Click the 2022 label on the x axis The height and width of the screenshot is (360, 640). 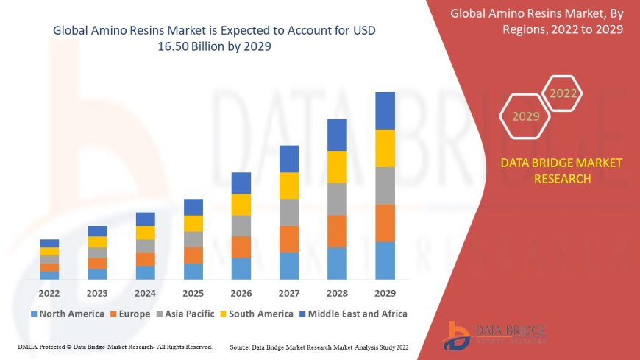tap(49, 292)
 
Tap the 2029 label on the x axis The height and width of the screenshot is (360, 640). tap(385, 292)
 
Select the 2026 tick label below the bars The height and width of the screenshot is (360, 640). tap(241, 292)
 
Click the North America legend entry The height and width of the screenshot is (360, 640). tap(67, 314)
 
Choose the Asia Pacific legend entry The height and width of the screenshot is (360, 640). tap(190, 314)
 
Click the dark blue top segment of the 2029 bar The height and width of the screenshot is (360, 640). tap(385, 110)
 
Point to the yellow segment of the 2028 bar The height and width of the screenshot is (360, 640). tap(337, 166)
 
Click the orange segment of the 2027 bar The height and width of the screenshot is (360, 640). tap(289, 239)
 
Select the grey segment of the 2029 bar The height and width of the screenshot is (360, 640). tap(385, 186)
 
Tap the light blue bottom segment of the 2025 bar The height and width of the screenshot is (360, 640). tap(193, 271)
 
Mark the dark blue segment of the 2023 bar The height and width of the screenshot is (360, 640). tap(97, 231)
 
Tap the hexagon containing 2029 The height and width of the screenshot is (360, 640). tap(525, 116)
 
